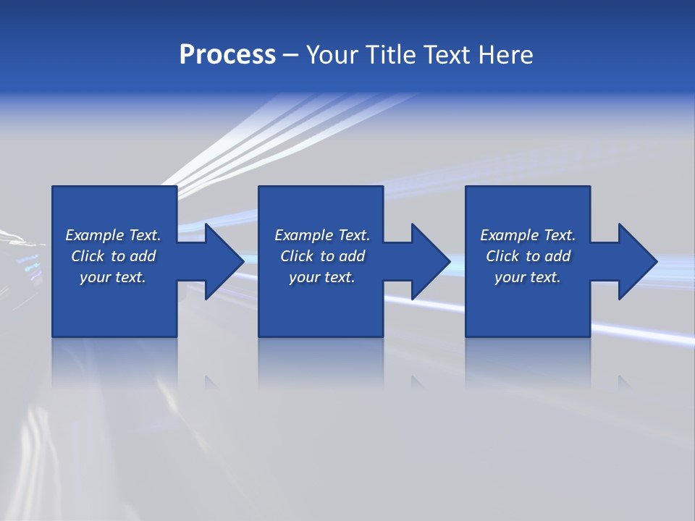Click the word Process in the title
[227, 55]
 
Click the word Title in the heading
[389, 55]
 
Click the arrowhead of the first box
[223, 261]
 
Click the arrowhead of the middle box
[430, 261]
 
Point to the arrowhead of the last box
[637, 261]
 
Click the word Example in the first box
[94, 235]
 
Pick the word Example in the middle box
[303, 235]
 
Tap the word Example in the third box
[509, 235]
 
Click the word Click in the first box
[88, 256]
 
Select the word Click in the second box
[297, 256]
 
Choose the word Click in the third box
[502, 256]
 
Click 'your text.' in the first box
[113, 277]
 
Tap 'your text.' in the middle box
[322, 277]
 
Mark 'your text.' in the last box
[528, 277]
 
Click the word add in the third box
[558, 256]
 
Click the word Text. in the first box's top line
[144, 235]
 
